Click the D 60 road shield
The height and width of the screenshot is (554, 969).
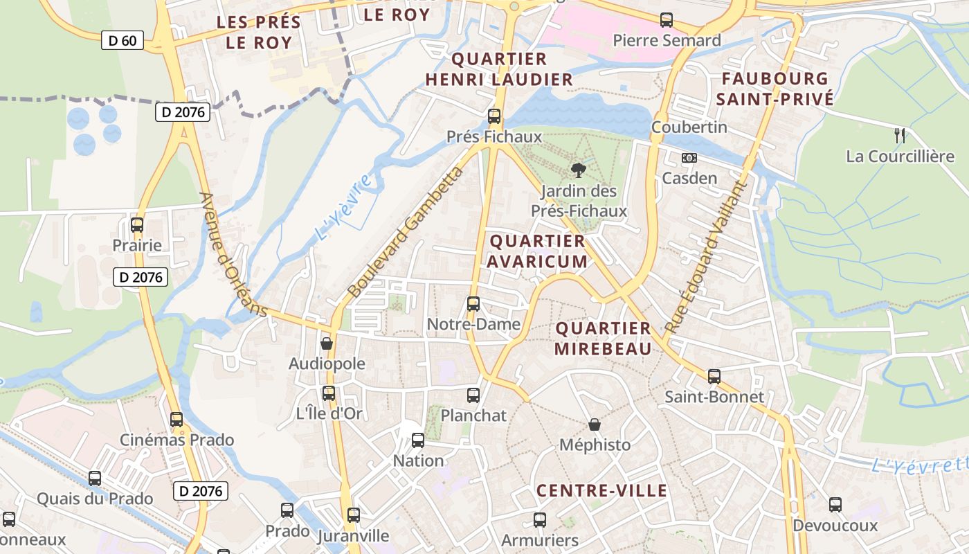(123, 40)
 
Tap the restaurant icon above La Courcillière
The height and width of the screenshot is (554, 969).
(900, 136)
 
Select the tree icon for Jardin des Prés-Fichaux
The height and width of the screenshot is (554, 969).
(578, 170)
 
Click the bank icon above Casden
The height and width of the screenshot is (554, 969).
(689, 158)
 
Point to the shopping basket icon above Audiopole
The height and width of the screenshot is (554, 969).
(327, 343)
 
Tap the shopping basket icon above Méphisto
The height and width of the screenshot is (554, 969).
(595, 424)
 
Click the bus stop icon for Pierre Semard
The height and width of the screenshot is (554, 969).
(667, 20)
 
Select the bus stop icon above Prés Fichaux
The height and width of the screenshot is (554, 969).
(494, 116)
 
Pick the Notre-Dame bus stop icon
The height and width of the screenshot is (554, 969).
(473, 303)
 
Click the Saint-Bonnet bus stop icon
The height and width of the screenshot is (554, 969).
(714, 377)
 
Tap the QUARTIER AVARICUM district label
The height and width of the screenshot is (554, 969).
(537, 251)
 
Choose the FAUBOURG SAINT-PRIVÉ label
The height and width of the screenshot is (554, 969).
(775, 89)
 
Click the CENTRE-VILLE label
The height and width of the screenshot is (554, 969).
(601, 491)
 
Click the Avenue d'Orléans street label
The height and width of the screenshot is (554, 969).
(233, 254)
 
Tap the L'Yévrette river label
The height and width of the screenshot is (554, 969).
(919, 466)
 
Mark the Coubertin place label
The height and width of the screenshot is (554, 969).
(689, 127)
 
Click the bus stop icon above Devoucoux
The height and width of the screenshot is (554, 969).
(835, 504)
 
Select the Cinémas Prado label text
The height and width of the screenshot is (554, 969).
(177, 440)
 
